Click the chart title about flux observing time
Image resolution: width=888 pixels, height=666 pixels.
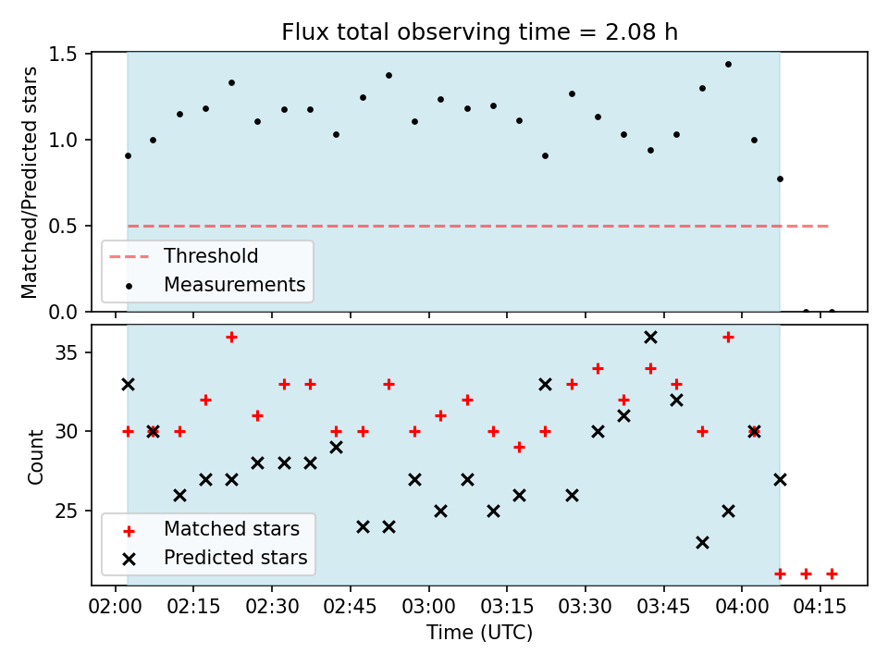click(479, 31)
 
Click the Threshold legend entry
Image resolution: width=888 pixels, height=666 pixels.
click(183, 256)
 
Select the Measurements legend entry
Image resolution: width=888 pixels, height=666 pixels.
click(216, 284)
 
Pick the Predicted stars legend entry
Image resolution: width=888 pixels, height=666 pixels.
click(216, 558)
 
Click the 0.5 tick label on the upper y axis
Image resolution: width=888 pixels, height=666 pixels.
click(64, 226)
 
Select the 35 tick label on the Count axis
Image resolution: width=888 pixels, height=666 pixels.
click(67, 352)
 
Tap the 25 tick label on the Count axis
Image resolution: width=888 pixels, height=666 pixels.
click(67, 511)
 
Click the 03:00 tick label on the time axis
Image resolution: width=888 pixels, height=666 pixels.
click(428, 607)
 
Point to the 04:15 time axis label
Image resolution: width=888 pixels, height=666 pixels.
click(820, 607)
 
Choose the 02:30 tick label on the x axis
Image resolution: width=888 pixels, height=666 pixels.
click(272, 607)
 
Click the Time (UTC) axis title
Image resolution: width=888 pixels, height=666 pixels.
click(479, 632)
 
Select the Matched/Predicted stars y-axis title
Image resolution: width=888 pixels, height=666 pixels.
click(29, 182)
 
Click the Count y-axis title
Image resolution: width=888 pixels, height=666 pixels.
click(35, 457)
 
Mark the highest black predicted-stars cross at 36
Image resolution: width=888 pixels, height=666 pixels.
click(650, 338)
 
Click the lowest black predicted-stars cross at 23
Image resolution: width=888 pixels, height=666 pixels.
click(702, 543)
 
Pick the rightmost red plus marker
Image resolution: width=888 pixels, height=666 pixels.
click(832, 574)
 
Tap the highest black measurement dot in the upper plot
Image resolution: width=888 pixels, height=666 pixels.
click(728, 65)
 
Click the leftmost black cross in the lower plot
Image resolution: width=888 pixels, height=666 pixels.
click(128, 385)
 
